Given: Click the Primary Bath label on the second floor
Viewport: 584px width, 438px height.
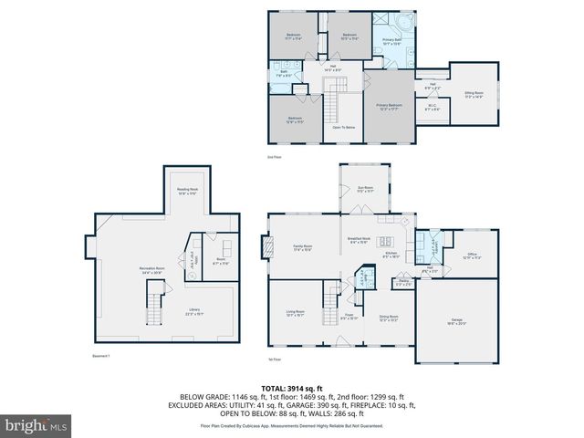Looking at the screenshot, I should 393,41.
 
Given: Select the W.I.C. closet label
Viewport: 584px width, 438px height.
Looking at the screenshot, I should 433,109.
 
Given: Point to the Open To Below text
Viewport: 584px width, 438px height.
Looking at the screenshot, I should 343,127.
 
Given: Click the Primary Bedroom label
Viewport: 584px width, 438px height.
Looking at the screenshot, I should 390,107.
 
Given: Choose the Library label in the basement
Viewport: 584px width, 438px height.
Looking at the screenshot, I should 194,312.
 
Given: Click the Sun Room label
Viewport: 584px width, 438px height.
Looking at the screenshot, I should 365,191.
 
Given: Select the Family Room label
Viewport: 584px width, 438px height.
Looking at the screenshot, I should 302,248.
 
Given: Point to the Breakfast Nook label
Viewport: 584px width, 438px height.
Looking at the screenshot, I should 358,241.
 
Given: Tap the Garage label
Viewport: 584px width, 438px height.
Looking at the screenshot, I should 456,321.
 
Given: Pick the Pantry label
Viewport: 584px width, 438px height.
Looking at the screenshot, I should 402,285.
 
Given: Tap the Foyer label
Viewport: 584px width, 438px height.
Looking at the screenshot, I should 349,318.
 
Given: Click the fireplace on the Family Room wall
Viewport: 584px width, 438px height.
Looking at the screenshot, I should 266,247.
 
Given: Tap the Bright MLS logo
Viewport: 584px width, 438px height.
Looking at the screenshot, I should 36,425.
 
